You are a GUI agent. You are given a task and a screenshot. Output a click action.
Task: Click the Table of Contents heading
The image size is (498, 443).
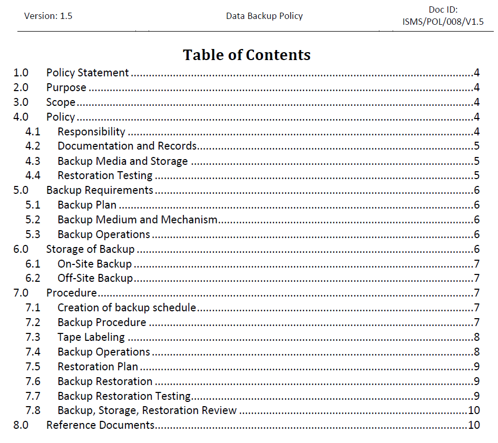click(247, 55)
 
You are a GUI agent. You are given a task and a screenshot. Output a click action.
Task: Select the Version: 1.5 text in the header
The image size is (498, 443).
click(48, 16)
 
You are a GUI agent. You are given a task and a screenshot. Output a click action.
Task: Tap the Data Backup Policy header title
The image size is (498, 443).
click(264, 16)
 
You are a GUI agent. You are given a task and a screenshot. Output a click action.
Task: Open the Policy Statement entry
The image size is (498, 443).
click(87, 73)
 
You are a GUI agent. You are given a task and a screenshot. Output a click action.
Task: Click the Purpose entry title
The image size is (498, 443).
click(66, 87)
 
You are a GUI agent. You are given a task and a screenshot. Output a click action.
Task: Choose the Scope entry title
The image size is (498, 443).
click(61, 102)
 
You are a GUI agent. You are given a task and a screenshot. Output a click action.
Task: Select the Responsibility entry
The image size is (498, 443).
click(91, 132)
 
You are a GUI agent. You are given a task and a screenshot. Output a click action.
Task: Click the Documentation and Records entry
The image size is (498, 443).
click(127, 146)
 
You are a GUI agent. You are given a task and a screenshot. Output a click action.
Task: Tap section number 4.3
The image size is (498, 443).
click(33, 161)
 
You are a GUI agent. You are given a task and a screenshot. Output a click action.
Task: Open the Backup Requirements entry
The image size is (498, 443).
click(100, 190)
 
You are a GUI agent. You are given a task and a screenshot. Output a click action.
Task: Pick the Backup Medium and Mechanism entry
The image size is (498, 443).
click(138, 220)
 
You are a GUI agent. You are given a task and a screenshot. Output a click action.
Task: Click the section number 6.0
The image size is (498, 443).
click(21, 249)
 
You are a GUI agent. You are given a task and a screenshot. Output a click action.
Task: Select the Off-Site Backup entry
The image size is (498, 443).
click(95, 278)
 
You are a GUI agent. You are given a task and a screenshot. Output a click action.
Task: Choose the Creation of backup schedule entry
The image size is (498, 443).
click(126, 308)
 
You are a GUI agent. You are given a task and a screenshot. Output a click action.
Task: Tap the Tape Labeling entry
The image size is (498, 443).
click(91, 337)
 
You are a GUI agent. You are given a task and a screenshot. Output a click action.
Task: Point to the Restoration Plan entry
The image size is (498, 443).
click(97, 367)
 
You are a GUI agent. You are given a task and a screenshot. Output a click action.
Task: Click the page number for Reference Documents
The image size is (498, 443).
click(474, 425)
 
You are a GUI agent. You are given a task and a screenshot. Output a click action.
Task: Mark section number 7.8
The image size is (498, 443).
click(33, 410)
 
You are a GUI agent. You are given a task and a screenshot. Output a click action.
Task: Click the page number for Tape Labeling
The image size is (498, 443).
click(476, 337)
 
